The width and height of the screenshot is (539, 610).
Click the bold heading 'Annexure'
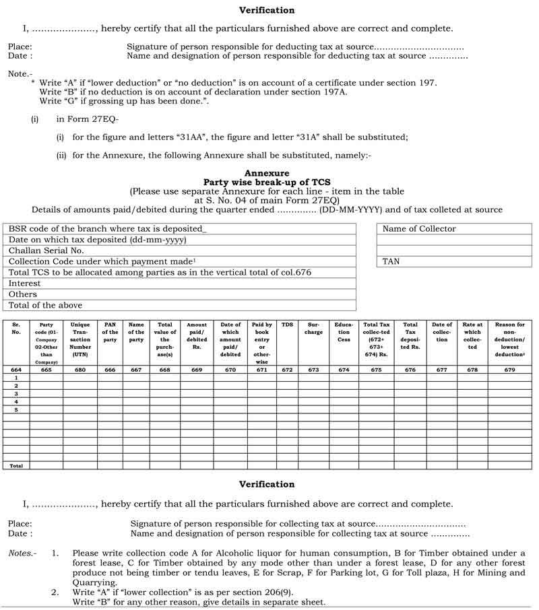tap(267, 173)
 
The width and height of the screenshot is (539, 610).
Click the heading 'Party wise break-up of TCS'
tap(267, 182)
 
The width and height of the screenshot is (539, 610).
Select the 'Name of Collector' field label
tap(419, 229)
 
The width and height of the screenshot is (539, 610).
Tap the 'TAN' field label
tap(391, 261)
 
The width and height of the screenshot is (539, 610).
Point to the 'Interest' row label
tap(25, 283)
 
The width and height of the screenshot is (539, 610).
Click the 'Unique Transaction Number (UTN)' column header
tap(80, 335)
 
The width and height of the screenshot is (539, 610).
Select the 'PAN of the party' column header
tap(110, 332)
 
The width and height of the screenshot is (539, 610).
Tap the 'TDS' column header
tap(287, 325)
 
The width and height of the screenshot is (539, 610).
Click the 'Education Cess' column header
tap(344, 332)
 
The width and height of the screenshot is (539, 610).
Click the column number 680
tap(80, 370)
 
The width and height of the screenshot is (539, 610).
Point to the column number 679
tap(509, 370)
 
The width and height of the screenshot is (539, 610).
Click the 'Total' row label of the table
tap(16, 465)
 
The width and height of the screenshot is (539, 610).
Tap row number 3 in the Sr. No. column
tap(15, 394)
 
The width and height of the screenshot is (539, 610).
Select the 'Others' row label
tap(24, 294)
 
